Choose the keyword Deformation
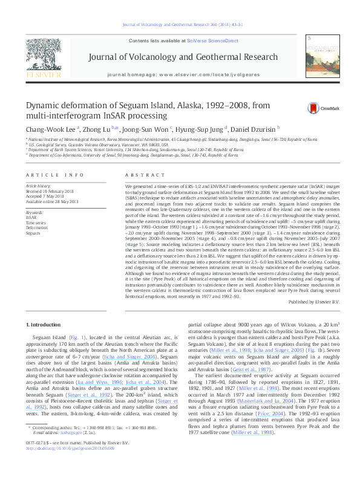(x=36, y=228)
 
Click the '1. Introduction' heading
(x=45, y=325)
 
